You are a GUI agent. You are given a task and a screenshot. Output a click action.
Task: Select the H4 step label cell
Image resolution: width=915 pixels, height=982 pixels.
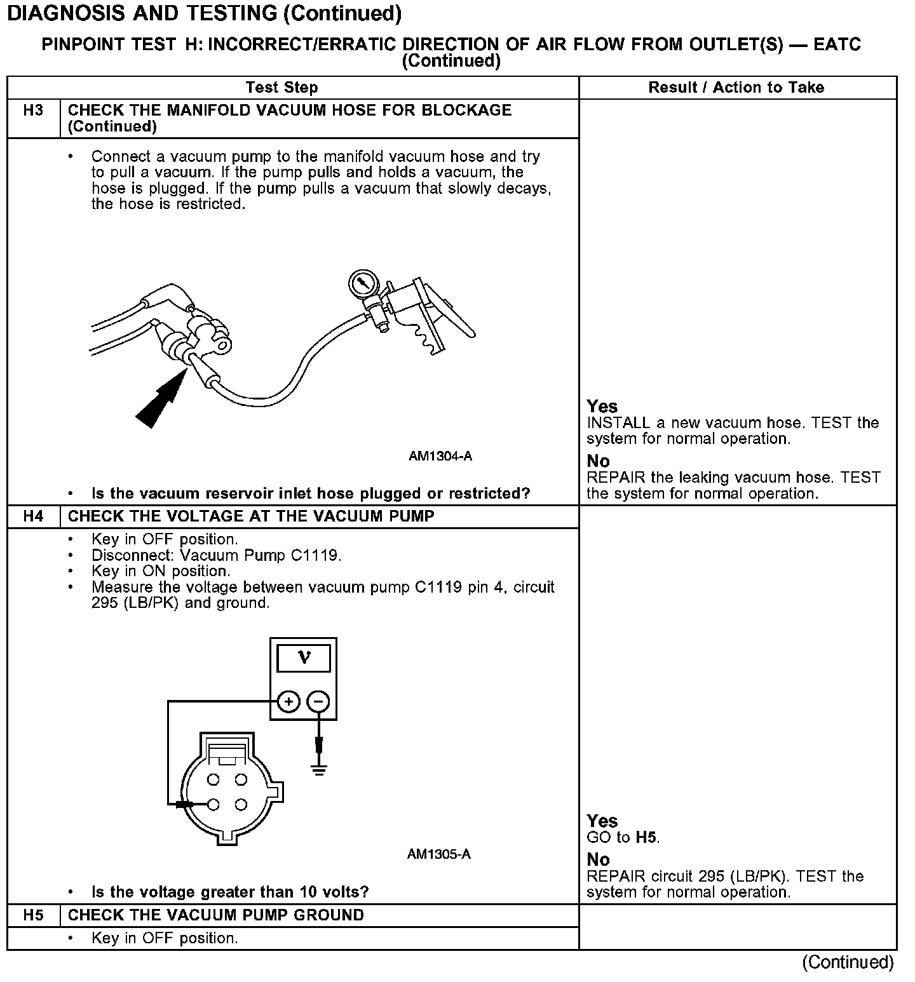click(x=33, y=516)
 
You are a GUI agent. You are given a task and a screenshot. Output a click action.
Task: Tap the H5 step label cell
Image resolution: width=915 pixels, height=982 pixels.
click(x=33, y=915)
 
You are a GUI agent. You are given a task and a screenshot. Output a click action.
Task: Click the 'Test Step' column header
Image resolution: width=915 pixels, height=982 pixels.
click(x=281, y=88)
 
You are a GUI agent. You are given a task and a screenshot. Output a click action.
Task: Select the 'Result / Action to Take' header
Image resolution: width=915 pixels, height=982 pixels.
click(x=736, y=88)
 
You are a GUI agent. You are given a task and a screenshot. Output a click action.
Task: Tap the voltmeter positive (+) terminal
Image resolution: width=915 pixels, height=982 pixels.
click(x=288, y=702)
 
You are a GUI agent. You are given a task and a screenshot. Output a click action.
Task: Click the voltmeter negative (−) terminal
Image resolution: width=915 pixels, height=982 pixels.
click(x=319, y=702)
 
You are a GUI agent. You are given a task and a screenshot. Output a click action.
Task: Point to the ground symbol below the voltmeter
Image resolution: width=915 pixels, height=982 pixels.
click(x=319, y=769)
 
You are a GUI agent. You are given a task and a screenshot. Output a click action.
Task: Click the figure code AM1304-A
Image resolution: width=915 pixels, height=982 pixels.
click(x=440, y=457)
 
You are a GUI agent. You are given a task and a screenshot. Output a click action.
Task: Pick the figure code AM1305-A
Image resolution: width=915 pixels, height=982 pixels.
click(x=439, y=854)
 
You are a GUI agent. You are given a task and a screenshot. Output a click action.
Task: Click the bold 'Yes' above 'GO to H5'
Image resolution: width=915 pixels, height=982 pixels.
click(x=602, y=821)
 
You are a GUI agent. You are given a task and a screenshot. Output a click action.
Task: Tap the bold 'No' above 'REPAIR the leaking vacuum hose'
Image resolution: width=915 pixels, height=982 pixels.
click(x=598, y=461)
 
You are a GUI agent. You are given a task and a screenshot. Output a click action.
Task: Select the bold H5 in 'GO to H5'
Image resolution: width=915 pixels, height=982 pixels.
click(x=646, y=838)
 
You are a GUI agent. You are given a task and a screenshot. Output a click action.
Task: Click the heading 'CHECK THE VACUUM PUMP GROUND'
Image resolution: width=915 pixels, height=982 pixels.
click(x=216, y=915)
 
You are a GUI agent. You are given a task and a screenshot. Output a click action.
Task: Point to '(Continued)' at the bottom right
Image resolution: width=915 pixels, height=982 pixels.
click(x=848, y=962)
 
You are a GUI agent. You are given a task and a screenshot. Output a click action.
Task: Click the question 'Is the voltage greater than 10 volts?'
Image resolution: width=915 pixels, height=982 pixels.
click(x=230, y=892)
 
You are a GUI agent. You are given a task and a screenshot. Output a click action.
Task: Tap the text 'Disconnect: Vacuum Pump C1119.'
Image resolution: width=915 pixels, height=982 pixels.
click(x=216, y=556)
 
